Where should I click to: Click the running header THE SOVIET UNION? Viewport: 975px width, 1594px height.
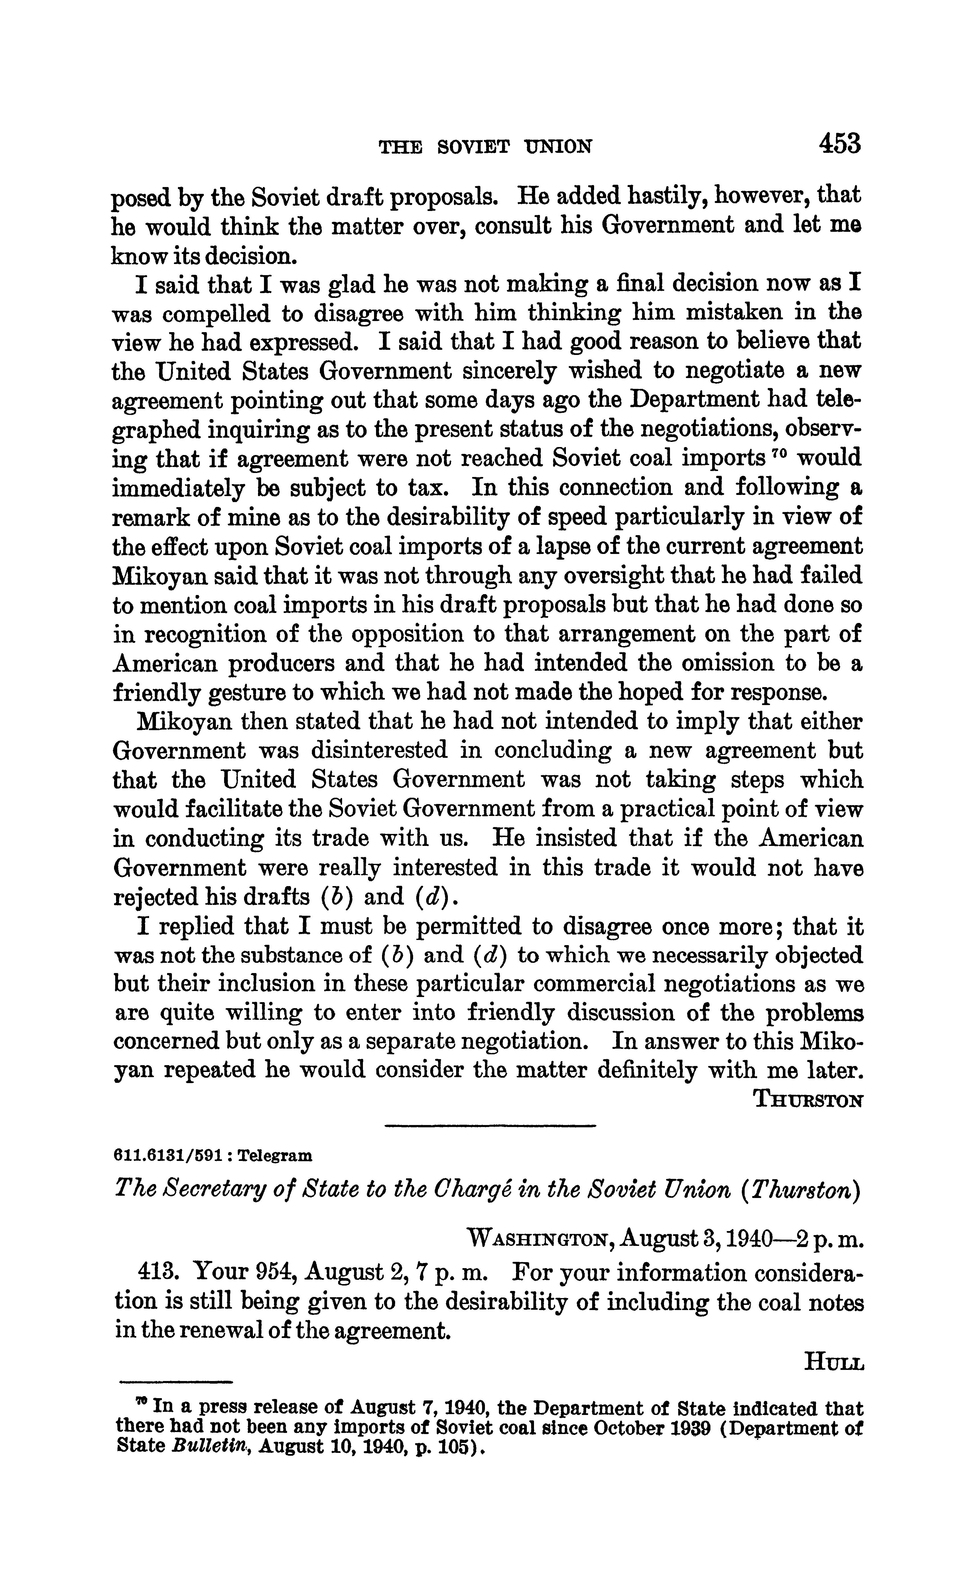[x=485, y=147]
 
